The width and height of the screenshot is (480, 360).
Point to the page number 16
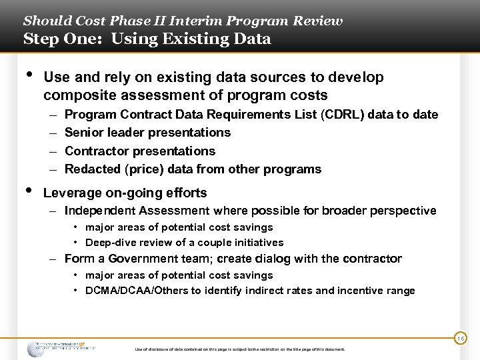(460, 339)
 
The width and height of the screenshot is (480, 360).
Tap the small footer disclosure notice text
(239, 349)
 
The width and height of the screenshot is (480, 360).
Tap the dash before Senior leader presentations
(53, 133)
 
